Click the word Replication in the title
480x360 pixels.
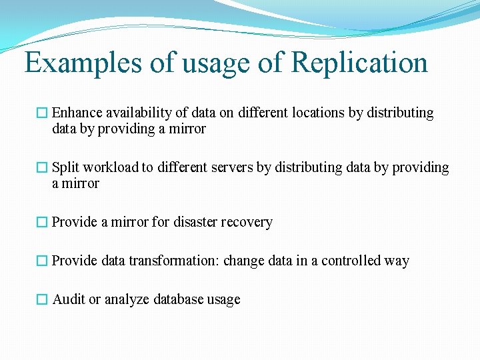359,63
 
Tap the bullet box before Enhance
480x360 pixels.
42,113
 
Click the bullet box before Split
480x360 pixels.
42,168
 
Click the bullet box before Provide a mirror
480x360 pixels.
42,223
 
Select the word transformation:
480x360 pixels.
174,261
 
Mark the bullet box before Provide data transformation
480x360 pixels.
42,261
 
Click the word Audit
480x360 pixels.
69,299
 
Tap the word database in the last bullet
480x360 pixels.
179,299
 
